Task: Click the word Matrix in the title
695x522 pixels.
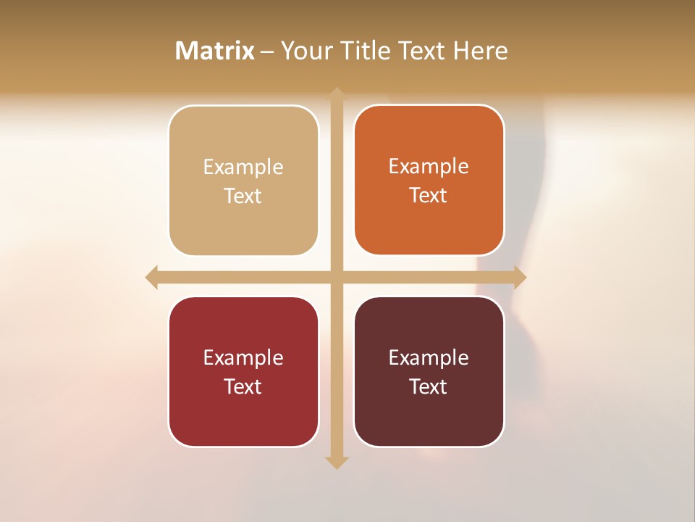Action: [215, 51]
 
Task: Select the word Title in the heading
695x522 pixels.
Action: [367, 51]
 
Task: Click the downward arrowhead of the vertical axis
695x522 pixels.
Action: [337, 462]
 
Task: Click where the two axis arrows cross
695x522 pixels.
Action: [337, 277]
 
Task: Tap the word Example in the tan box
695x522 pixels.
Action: [243, 167]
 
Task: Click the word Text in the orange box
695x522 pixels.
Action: [429, 196]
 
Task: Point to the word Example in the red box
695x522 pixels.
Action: [243, 358]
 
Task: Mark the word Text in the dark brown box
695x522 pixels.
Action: [429, 386]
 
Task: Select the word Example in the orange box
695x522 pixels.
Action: [429, 167]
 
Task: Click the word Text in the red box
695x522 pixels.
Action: [243, 386]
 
